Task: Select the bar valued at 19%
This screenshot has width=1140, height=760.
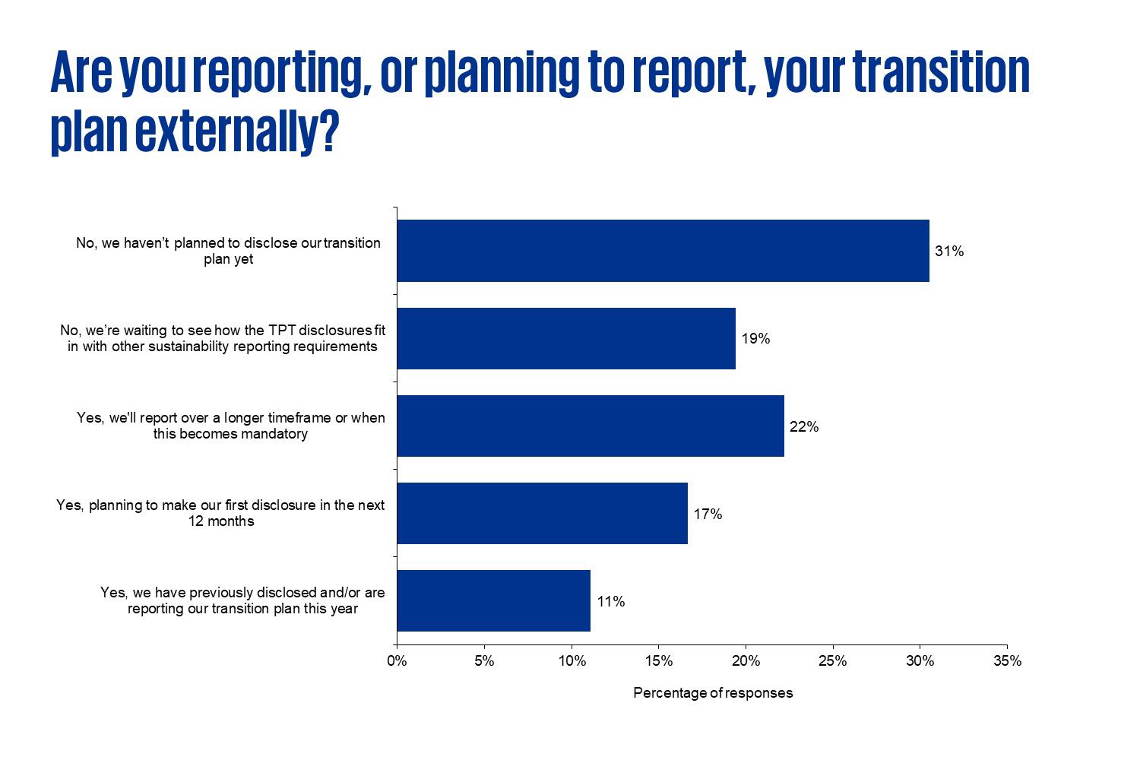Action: coord(566,338)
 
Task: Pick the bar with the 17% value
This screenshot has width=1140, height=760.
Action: coord(542,513)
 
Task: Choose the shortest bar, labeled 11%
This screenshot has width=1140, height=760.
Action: coord(493,600)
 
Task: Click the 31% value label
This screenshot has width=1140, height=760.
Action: coord(949,252)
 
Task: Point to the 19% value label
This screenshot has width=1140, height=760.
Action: coord(755,339)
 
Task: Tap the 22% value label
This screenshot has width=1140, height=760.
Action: coord(804,426)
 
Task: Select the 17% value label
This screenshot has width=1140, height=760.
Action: coord(708,515)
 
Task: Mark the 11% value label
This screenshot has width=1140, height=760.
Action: coord(610,602)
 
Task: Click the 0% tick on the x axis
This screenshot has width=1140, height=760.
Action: coord(397,661)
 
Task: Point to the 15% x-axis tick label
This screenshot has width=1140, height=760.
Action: coord(658,661)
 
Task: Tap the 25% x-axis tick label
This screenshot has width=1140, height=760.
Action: coord(833,661)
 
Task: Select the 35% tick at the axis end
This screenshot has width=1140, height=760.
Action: coord(1007,661)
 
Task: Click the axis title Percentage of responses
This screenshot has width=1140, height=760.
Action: coord(713,693)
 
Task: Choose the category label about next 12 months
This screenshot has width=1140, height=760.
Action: coord(220,513)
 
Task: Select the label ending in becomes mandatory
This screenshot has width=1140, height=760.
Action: coord(230,426)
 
